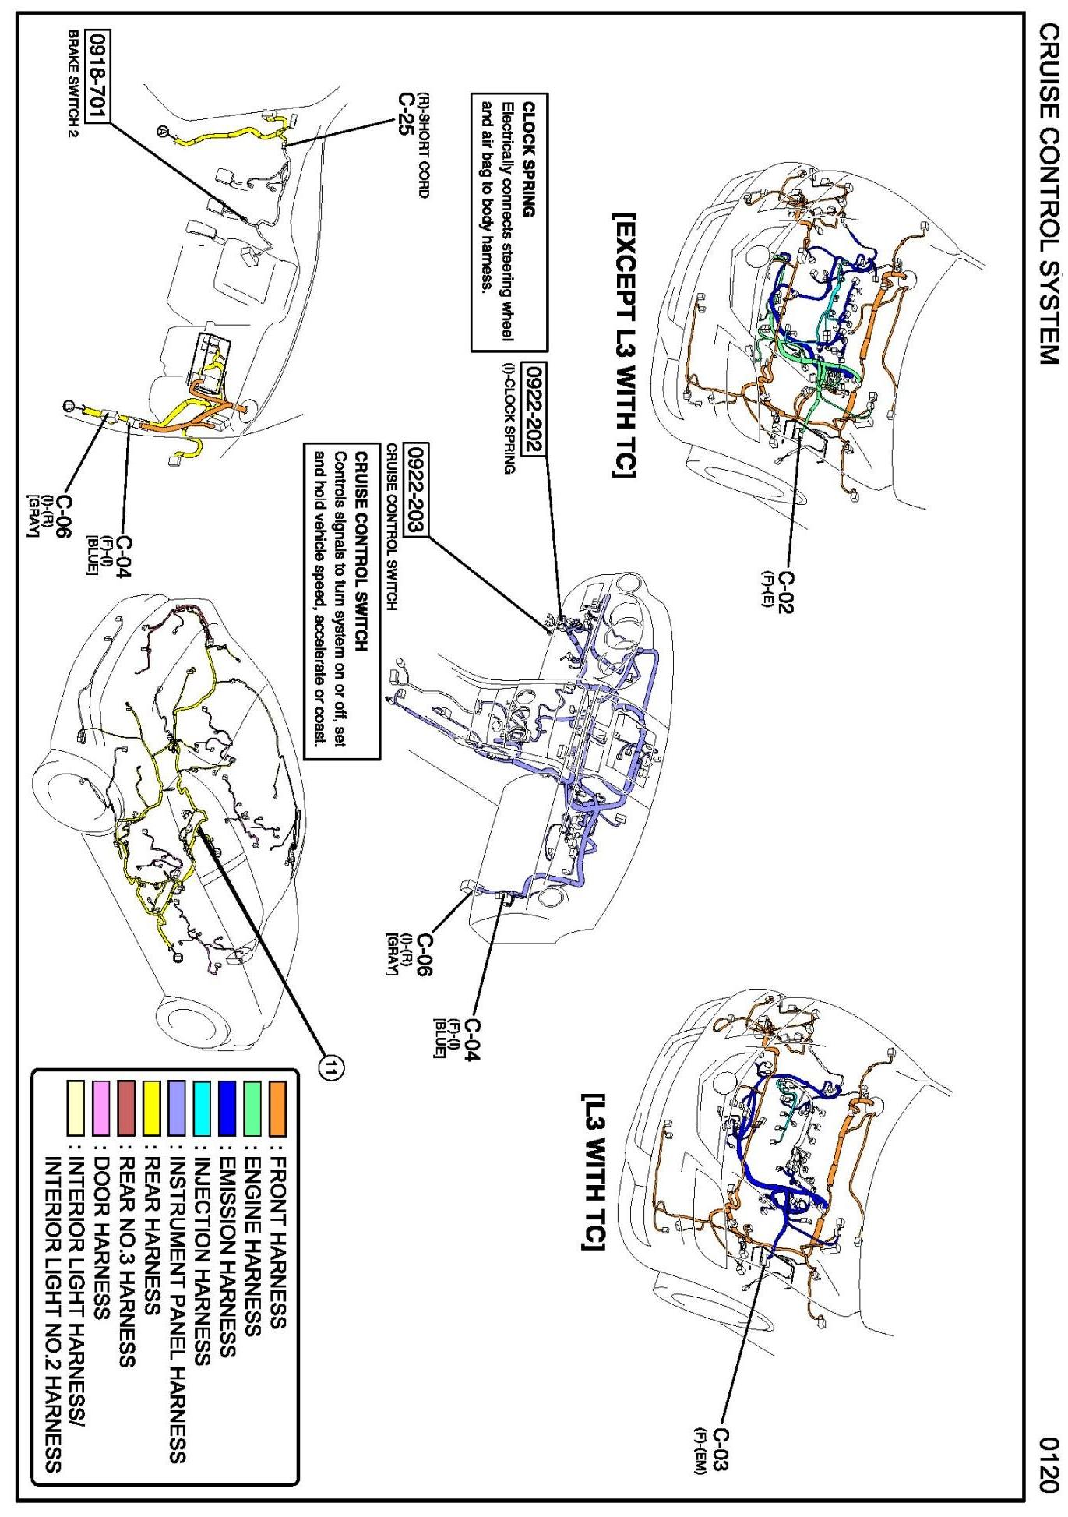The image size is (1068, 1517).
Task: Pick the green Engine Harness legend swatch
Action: click(x=252, y=1108)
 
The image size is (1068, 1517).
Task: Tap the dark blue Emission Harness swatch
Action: click(x=227, y=1108)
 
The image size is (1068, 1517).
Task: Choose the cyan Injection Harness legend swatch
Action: click(x=202, y=1108)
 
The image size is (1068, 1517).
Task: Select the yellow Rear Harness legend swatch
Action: click(x=152, y=1108)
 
